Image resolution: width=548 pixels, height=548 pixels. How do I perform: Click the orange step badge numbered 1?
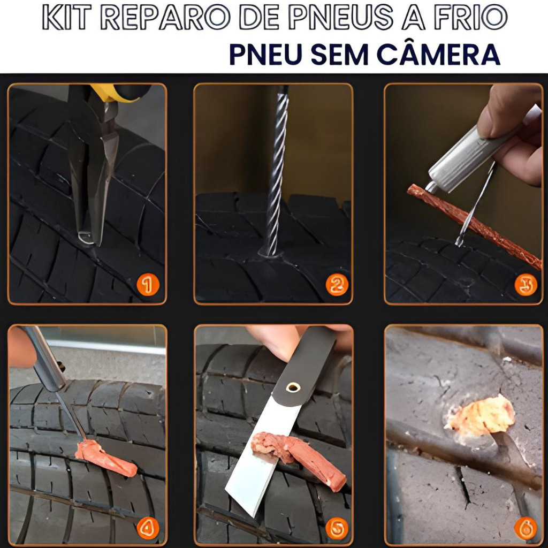click(148, 285)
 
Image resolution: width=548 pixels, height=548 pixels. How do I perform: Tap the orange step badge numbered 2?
click(337, 285)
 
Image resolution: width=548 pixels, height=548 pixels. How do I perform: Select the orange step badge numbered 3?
click(526, 285)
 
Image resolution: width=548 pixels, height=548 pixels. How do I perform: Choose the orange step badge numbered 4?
click(148, 528)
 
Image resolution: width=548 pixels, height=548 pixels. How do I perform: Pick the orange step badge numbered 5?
click(337, 528)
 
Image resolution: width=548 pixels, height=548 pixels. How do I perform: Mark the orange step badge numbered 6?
click(526, 528)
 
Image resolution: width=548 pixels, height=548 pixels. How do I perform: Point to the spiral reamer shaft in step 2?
click(276, 171)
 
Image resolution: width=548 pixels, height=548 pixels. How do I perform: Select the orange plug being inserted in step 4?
click(105, 458)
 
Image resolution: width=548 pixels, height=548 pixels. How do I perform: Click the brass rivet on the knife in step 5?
click(293, 387)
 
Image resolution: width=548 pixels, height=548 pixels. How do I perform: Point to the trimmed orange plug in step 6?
click(481, 416)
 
